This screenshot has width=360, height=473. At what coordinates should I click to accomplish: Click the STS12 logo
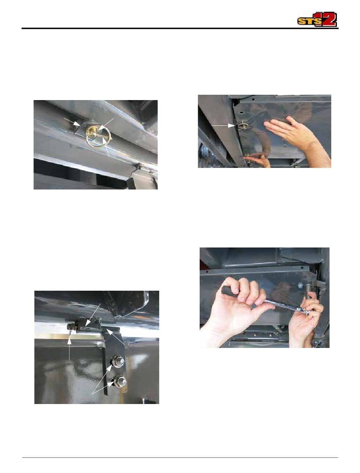point(317,19)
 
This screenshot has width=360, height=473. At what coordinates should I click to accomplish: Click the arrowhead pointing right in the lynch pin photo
point(77,123)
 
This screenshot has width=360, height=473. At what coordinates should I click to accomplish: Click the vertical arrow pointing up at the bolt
point(69,349)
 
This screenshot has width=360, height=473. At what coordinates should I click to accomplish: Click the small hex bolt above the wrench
point(300,286)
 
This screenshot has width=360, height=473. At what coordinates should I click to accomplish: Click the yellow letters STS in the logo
point(307,22)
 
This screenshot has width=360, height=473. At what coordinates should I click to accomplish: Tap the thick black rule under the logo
point(180,28)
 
